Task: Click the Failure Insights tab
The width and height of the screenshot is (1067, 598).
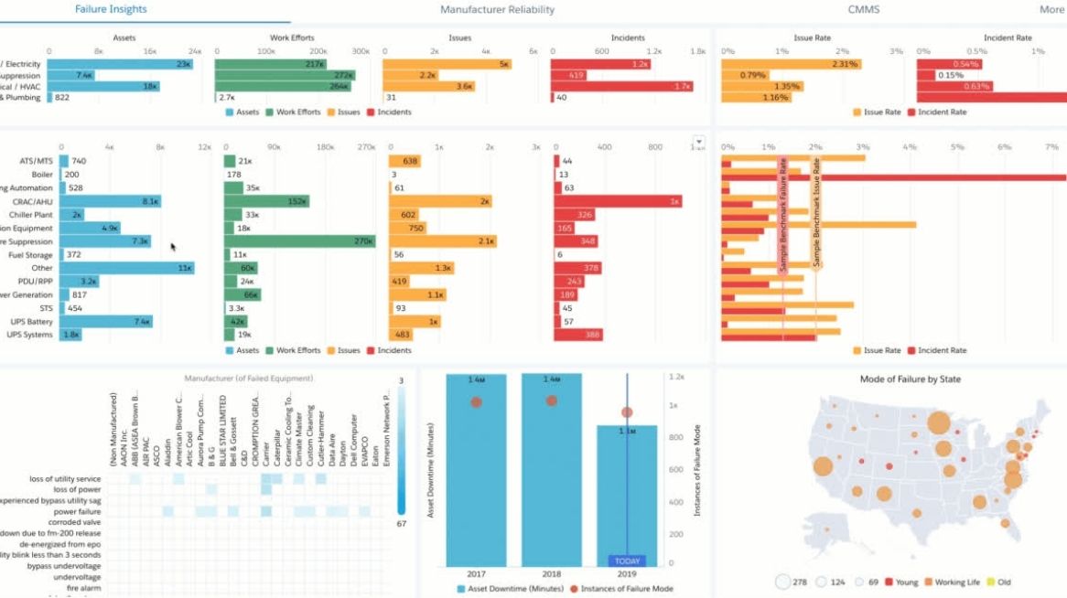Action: [111, 9]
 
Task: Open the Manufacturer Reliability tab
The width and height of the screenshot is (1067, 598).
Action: [497, 10]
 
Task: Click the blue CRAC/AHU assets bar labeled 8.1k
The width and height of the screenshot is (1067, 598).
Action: [110, 201]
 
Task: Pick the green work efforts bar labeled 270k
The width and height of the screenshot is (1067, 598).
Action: [299, 241]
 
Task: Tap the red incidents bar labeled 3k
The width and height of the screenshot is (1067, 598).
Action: [618, 201]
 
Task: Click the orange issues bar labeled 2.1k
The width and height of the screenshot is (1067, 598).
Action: [443, 241]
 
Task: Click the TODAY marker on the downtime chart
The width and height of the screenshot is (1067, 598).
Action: [627, 561]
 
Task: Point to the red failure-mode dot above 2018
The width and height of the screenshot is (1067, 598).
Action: [552, 400]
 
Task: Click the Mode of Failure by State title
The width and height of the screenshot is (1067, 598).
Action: [910, 379]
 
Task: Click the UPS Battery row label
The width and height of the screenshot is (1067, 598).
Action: [33, 322]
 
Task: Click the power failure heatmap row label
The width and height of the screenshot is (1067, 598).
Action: [77, 512]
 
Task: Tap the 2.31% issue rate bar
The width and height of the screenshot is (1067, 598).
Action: [792, 64]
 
